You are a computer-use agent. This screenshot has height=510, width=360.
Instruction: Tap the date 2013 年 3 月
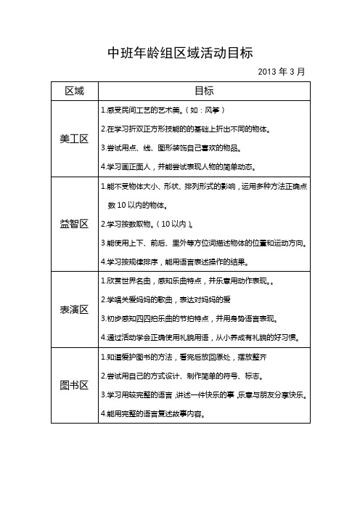tap(282, 72)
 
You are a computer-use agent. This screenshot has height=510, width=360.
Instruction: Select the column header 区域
tap(75, 92)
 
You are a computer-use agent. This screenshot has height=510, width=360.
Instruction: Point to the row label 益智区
tap(75, 223)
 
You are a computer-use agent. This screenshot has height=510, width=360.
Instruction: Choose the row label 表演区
tap(75, 310)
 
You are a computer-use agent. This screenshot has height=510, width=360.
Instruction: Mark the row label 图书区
tap(75, 385)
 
